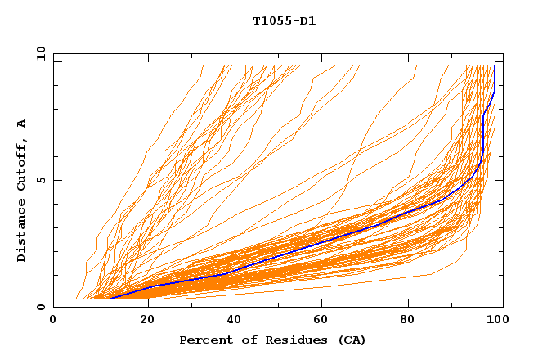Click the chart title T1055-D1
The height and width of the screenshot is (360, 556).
click(284, 21)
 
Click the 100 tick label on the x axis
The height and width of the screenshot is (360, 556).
click(495, 321)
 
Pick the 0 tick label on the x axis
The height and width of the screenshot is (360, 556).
click(54, 321)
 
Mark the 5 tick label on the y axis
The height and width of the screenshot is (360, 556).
click(38, 180)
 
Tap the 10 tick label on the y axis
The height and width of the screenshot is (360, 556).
click(38, 53)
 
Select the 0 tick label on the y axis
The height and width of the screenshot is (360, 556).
click(38, 307)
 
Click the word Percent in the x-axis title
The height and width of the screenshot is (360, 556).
click(204, 340)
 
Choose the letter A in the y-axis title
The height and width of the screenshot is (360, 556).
click(21, 124)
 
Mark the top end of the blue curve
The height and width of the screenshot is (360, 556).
click(495, 67)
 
